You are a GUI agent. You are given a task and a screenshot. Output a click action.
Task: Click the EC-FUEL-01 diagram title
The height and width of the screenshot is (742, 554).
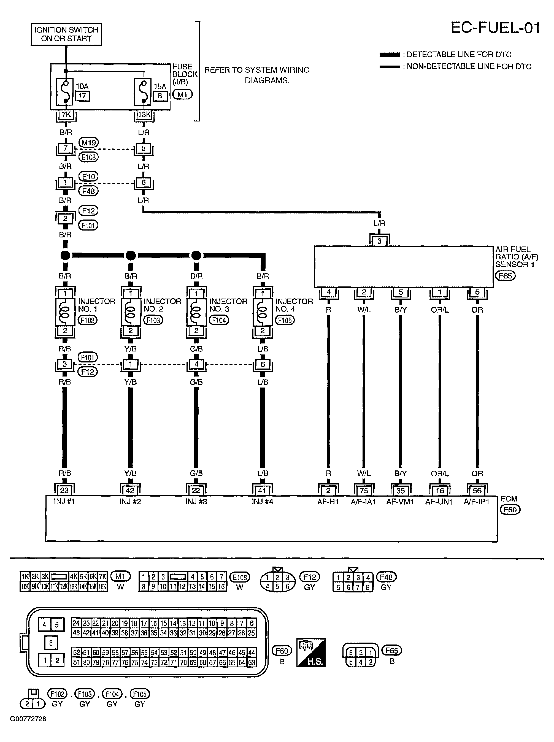pyautogui.click(x=495, y=28)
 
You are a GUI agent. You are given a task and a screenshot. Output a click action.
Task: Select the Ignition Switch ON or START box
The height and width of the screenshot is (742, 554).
pyautogui.click(x=66, y=34)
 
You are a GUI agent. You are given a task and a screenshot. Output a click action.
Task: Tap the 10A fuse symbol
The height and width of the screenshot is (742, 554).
pyautogui.click(x=66, y=91)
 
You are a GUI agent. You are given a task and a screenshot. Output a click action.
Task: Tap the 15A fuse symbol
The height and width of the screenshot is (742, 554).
pyautogui.click(x=144, y=91)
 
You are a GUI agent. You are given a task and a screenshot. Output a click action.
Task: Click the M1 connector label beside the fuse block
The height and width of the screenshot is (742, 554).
pyautogui.click(x=182, y=95)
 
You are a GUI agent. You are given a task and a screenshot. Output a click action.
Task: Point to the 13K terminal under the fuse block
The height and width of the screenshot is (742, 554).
pyautogui.click(x=144, y=115)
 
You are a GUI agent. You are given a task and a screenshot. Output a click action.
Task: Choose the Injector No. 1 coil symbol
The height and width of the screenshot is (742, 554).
pyautogui.click(x=65, y=313)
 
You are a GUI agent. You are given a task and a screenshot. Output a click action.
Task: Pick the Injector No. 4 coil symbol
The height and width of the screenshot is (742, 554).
pyautogui.click(x=263, y=313)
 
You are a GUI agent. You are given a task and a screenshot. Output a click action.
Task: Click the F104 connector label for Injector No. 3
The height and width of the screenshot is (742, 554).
pyautogui.click(x=219, y=320)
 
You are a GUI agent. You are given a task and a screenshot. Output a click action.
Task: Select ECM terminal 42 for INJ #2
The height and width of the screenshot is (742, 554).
pyautogui.click(x=130, y=491)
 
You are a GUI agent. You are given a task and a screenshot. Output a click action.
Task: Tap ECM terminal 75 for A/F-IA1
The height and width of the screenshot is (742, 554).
pyautogui.click(x=364, y=491)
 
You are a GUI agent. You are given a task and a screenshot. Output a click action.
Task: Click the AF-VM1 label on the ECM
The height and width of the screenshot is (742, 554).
pyautogui.click(x=400, y=502)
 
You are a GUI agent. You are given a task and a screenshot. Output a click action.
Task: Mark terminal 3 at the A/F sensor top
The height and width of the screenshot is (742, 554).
pyautogui.click(x=379, y=241)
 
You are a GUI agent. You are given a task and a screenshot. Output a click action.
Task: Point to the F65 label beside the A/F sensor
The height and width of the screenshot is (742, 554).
pyautogui.click(x=505, y=276)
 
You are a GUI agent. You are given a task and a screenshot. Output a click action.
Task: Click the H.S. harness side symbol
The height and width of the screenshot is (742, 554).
pyautogui.click(x=311, y=652)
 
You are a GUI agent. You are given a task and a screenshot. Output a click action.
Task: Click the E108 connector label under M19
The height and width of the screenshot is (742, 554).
pyautogui.click(x=88, y=157)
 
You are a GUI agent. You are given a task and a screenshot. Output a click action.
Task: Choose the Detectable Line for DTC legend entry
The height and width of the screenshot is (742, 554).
pyautogui.click(x=446, y=54)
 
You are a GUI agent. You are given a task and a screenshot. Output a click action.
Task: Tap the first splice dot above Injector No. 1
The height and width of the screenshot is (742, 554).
pyautogui.click(x=65, y=256)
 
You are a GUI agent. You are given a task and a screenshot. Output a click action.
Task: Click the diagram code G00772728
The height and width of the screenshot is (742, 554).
pyautogui.click(x=28, y=719)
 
